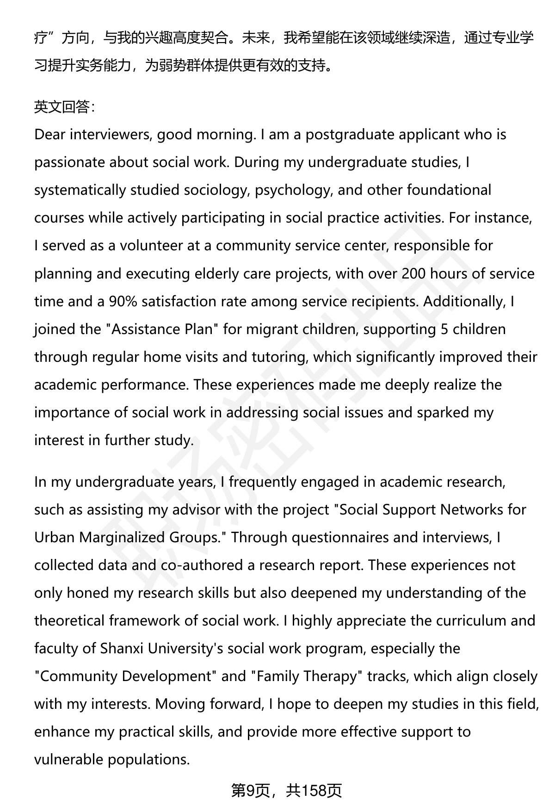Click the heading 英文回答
click(64, 107)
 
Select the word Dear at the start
click(50, 135)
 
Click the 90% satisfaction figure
click(123, 301)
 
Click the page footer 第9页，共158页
click(286, 791)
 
